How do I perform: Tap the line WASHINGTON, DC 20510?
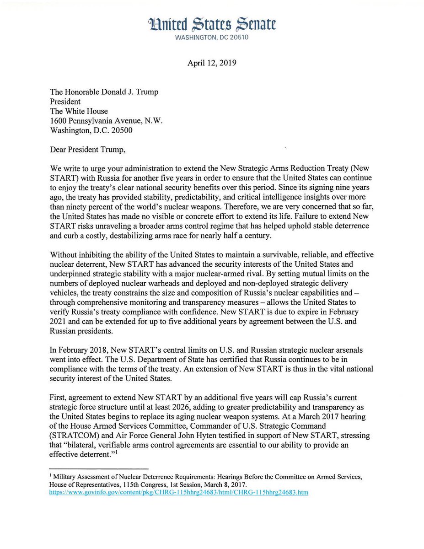click(x=211, y=38)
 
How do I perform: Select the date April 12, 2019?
click(x=211, y=63)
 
